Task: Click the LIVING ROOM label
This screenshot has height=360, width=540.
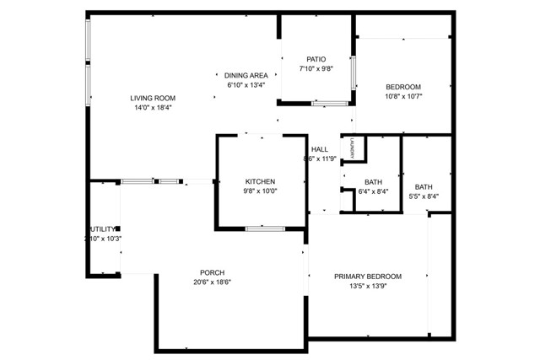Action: [x=153, y=98]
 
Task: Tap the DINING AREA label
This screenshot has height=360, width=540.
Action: [x=246, y=75]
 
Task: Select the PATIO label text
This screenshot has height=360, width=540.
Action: [x=316, y=59]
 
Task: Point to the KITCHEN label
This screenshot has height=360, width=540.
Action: [x=261, y=181]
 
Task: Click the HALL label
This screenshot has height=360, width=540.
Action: [x=320, y=149]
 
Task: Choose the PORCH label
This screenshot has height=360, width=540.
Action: [x=212, y=271]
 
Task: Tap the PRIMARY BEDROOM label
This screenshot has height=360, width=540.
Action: [x=368, y=277]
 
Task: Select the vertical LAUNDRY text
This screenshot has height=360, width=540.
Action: [x=353, y=148]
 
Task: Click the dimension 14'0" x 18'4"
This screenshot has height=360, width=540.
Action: [x=153, y=108]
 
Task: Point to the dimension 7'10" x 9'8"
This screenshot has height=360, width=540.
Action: [x=316, y=69]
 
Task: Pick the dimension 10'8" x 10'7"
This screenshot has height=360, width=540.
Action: [x=403, y=96]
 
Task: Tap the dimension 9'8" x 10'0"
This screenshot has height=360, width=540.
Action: [x=261, y=191]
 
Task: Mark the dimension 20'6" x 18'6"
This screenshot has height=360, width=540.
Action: [x=212, y=282]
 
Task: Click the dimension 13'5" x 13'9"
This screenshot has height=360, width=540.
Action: [x=368, y=287]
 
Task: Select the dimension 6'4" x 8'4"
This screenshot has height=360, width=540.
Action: [x=373, y=192]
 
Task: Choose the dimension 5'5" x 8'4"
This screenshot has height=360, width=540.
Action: [x=424, y=197]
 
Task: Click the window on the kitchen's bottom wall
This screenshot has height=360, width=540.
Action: [x=265, y=228]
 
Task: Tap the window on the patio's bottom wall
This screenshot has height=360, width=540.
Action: [x=330, y=104]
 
